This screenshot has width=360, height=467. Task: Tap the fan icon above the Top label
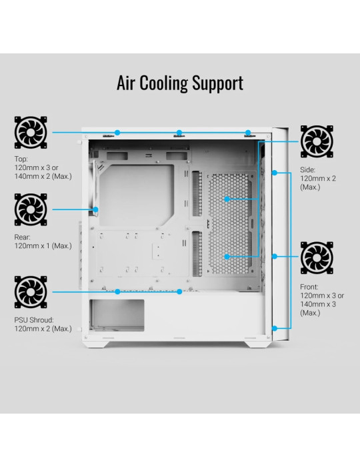pyautogui.click(x=31, y=133)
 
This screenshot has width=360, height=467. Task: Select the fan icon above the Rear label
pyautogui.click(x=31, y=209)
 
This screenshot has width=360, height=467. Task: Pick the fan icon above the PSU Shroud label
pyautogui.click(x=31, y=292)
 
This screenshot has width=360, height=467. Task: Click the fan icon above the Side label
pyautogui.click(x=317, y=141)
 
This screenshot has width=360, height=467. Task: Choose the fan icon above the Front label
pyautogui.click(x=317, y=258)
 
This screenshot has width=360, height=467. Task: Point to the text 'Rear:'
pyautogui.click(x=22, y=238)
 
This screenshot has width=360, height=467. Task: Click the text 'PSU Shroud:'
pyautogui.click(x=34, y=320)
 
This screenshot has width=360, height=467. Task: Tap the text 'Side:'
pyautogui.click(x=307, y=169)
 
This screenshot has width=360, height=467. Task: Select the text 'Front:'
pyautogui.click(x=309, y=287)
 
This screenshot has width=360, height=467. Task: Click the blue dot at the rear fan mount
pyautogui.click(x=95, y=209)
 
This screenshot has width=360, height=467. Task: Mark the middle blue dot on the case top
pyautogui.click(x=179, y=133)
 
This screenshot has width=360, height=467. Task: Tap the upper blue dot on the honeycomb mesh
pyautogui.click(x=227, y=199)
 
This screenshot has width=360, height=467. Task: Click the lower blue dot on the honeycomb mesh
pyautogui.click(x=227, y=256)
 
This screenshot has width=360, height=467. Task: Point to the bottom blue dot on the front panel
pyautogui.click(x=275, y=328)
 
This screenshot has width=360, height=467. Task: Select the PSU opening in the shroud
pyautogui.click(x=117, y=316)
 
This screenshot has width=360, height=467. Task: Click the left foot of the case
pyautogui.click(x=96, y=344)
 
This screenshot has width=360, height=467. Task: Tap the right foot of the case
pyautogui.click(x=257, y=344)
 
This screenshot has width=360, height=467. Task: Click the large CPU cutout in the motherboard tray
pyautogui.click(x=137, y=195)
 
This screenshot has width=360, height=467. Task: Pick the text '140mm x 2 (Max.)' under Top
pyautogui.click(x=43, y=176)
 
